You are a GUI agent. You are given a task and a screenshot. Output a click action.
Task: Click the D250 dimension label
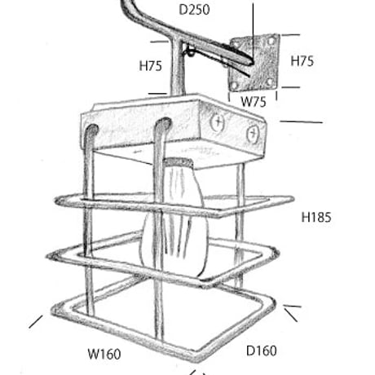[x=194, y=10]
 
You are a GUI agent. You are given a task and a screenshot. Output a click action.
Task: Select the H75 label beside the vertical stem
[x=150, y=66]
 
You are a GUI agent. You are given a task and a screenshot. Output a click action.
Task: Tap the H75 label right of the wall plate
[x=302, y=61]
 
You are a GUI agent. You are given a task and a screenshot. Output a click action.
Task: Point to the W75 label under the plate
[x=254, y=102]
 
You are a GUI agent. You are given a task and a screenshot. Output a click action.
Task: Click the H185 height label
[x=316, y=218]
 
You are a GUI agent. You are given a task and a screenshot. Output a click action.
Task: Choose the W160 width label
[x=104, y=354]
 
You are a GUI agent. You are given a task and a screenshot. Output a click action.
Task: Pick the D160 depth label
[x=262, y=351]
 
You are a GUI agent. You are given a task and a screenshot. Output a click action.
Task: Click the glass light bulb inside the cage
[x=174, y=220]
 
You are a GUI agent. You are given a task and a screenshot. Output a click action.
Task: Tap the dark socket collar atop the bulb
[x=178, y=162]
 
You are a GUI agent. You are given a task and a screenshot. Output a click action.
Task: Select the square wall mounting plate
[x=254, y=63]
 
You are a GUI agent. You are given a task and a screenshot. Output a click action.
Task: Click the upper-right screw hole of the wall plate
[x=271, y=41]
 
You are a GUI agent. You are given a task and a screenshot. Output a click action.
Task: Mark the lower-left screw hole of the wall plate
[x=234, y=86]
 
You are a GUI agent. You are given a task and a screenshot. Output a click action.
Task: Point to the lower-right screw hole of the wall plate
[x=270, y=82]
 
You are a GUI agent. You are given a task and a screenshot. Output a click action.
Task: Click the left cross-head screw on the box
[x=218, y=122]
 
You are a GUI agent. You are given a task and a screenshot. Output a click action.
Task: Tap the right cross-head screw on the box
[x=253, y=134]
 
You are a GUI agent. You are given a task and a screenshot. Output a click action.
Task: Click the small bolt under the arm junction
[x=191, y=51]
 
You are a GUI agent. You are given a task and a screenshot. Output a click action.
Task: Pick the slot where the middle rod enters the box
[x=163, y=124]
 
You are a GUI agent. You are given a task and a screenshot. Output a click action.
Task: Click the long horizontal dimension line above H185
[x=302, y=122]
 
